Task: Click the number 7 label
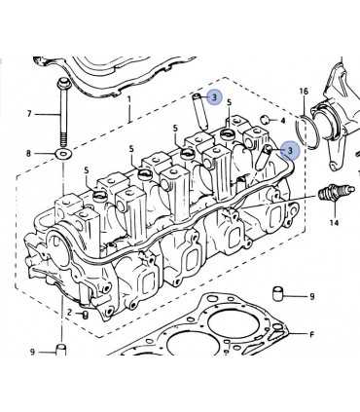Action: point(29,114)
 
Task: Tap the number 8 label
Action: point(28,153)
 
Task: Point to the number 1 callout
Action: point(129,99)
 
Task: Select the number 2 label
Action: point(69,313)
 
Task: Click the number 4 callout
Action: point(282,121)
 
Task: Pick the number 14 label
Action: point(334,223)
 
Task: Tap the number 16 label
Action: point(304,92)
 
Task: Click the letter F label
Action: point(311,334)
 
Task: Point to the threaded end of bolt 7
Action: point(62,138)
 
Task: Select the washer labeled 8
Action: point(64,154)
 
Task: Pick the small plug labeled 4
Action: point(266,120)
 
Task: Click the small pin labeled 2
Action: point(86,315)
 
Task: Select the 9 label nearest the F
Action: point(312,296)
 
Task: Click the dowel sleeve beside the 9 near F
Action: point(277,292)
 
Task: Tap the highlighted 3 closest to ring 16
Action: point(290,150)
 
